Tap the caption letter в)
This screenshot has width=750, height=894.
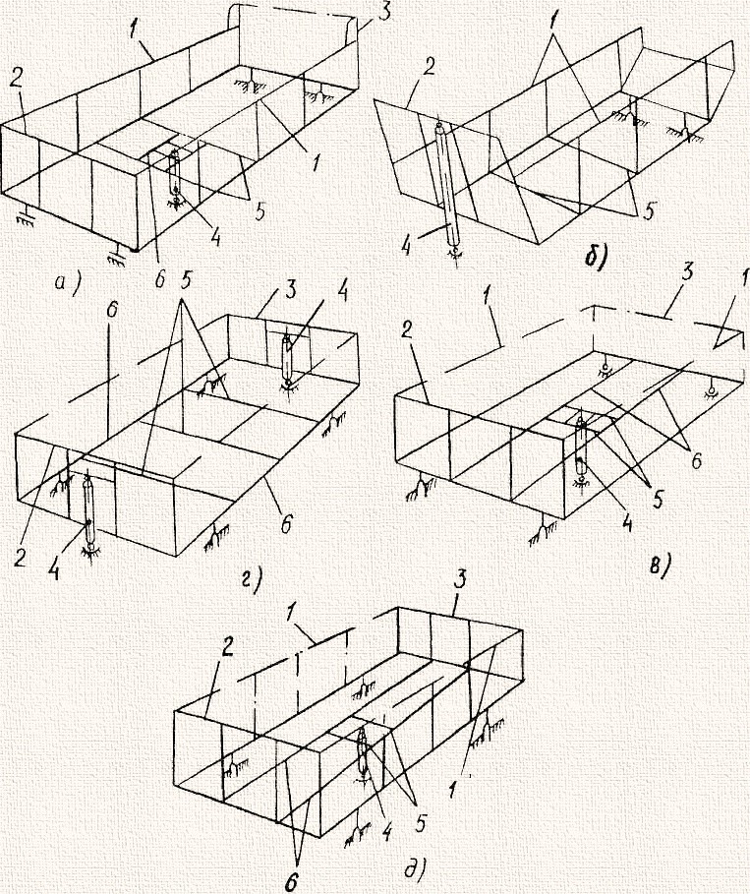659,566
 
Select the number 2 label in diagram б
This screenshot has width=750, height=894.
430,67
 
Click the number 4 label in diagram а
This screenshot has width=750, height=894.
215,237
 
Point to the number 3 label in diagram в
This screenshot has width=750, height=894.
688,272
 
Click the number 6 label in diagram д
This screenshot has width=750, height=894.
291,882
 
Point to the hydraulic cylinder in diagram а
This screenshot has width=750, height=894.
175,173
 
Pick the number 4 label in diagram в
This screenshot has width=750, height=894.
626,523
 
